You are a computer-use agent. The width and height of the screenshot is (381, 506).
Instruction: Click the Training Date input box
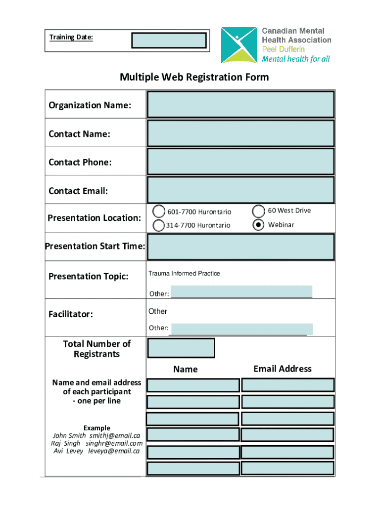[169, 41]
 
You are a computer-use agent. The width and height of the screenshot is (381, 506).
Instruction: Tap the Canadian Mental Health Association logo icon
[239, 45]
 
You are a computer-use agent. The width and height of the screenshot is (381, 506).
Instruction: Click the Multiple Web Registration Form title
[194, 77]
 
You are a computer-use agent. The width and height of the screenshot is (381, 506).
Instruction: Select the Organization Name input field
[240, 105]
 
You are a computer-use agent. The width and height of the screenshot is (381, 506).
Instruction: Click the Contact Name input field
[240, 133]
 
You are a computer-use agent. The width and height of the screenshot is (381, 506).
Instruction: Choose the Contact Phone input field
[240, 162]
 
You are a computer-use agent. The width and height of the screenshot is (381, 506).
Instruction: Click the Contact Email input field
[240, 190]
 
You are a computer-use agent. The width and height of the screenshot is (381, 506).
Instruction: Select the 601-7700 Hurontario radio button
[159, 211]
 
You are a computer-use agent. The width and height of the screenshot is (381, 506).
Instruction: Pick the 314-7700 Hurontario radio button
[159, 225]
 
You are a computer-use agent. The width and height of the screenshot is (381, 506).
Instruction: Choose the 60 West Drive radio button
[258, 211]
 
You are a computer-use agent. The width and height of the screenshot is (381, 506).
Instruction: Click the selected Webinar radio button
[258, 225]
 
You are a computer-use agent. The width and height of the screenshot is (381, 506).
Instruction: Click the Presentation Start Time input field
[240, 247]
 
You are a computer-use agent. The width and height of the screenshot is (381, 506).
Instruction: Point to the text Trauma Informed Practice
[184, 274]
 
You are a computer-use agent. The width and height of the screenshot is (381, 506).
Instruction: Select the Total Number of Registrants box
[181, 348]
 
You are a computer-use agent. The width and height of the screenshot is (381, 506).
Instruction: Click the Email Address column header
[282, 369]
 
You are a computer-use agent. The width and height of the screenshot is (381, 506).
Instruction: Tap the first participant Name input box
[193, 385]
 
